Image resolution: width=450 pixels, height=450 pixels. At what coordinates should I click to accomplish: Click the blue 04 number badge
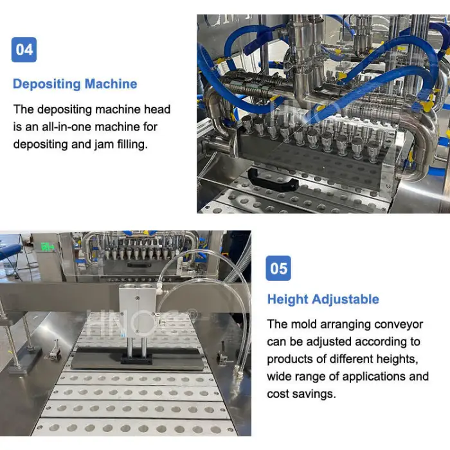pos(24,50)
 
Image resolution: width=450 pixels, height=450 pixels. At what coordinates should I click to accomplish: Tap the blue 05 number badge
pos(278,268)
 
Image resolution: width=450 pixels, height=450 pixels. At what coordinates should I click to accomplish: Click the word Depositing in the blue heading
pos(47,84)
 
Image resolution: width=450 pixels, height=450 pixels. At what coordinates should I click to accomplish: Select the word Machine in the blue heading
pos(111,84)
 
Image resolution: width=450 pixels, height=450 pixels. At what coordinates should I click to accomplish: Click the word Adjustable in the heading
pos(346,300)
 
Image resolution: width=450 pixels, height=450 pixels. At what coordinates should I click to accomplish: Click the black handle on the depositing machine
pos(273,181)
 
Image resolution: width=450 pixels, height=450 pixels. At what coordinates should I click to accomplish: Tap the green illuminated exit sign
pos(48,247)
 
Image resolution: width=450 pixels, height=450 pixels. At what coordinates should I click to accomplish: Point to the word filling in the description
pos(132,144)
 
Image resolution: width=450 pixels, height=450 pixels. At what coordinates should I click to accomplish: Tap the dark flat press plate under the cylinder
pos(137,359)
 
